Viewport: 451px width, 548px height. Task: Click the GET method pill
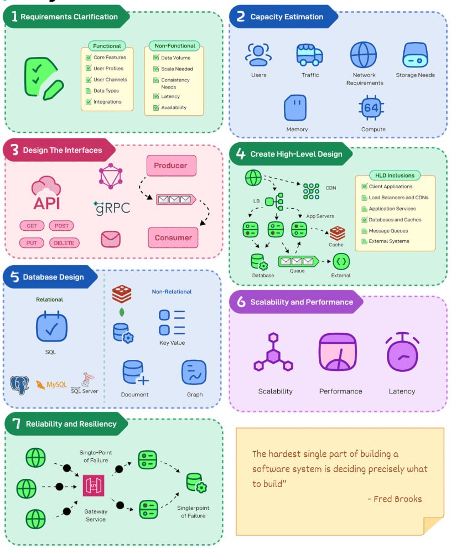pyautogui.click(x=32, y=226)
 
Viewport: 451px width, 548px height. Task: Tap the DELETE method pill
pyautogui.click(x=64, y=243)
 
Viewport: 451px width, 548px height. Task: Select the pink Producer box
pyautogui.click(x=171, y=166)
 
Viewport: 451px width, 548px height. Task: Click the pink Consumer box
pyautogui.click(x=173, y=237)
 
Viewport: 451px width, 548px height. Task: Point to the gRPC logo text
pyautogui.click(x=112, y=208)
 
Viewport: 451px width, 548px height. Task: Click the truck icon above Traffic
pyautogui.click(x=309, y=55)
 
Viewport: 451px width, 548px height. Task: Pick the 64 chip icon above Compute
pyautogui.click(x=371, y=108)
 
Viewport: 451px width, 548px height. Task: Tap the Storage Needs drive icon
pyautogui.click(x=415, y=55)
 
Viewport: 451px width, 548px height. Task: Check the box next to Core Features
pyautogui.click(x=89, y=58)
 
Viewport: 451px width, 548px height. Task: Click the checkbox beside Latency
pyautogui.click(x=156, y=96)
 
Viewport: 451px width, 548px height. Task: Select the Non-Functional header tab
pyautogui.click(x=175, y=46)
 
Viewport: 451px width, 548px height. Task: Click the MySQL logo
pyautogui.click(x=51, y=385)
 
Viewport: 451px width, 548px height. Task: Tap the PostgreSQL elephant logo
pyautogui.click(x=19, y=385)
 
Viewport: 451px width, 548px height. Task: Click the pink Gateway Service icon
pyautogui.click(x=94, y=485)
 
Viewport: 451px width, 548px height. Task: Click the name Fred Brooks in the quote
pyautogui.click(x=397, y=499)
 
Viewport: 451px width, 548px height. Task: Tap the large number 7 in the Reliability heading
pyautogui.click(x=16, y=423)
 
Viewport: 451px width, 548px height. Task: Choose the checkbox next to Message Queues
pyautogui.click(x=364, y=231)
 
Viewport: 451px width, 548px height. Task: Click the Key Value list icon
pyautogui.click(x=172, y=323)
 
